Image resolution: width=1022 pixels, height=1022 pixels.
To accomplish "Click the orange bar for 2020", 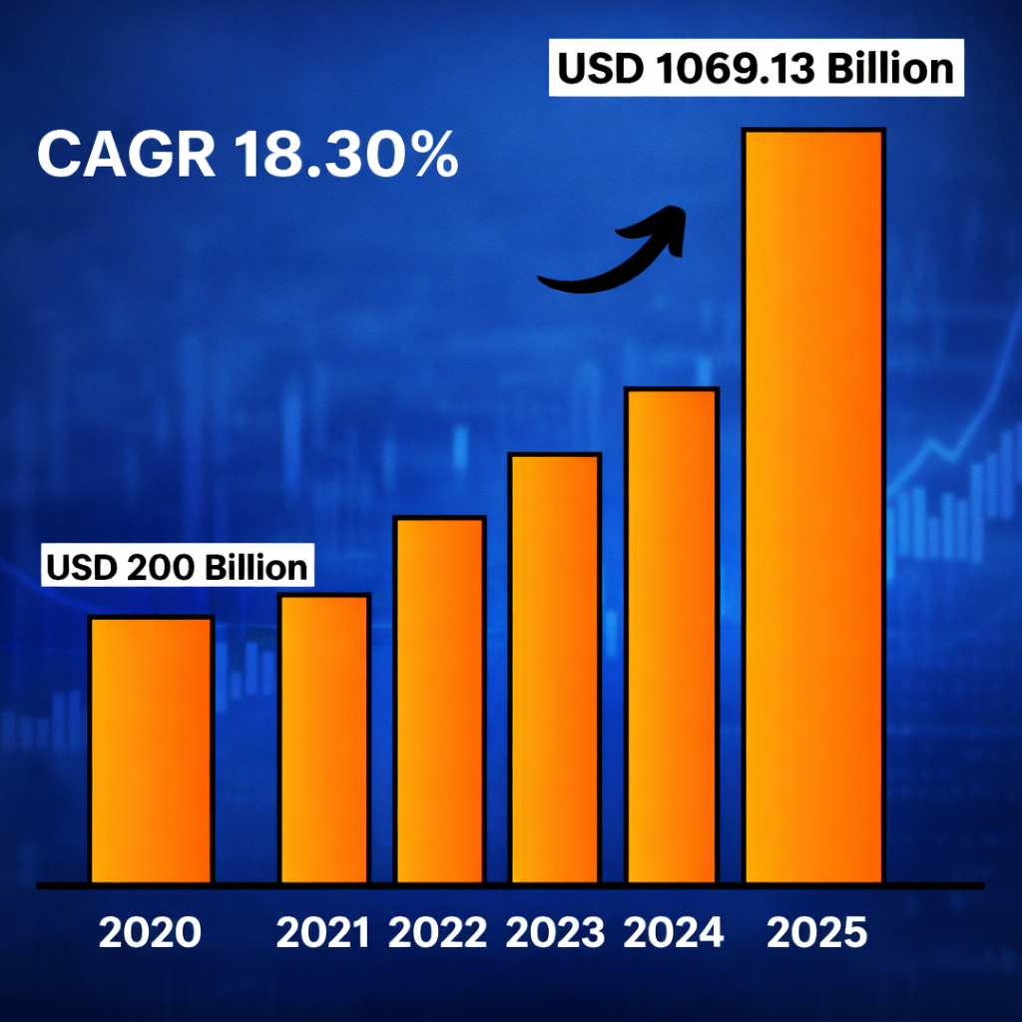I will (x=151, y=750).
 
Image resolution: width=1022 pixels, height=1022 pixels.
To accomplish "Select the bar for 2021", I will (x=324, y=739).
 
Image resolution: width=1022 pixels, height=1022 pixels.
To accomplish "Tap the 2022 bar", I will (x=439, y=700).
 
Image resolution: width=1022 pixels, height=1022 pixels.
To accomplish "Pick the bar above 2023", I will (x=554, y=668).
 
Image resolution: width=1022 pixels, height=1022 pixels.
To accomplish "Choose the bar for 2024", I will (x=671, y=636).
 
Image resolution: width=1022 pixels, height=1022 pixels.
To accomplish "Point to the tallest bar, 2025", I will (x=814, y=506).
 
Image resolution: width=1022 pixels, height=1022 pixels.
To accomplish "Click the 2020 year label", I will (x=150, y=932).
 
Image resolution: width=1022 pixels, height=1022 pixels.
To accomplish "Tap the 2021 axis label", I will (x=322, y=932).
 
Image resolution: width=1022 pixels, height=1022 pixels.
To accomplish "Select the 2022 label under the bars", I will (x=437, y=932).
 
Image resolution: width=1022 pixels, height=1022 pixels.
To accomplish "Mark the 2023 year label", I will (x=555, y=932).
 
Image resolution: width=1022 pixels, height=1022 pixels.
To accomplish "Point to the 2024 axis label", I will (x=673, y=932).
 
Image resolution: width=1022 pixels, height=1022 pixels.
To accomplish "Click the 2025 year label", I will (x=817, y=932).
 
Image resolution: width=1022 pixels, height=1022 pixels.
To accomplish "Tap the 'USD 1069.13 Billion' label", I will (x=756, y=69).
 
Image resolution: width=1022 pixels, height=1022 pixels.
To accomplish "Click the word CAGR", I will (x=125, y=155).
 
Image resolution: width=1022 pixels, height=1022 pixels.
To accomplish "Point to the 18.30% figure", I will (x=345, y=155).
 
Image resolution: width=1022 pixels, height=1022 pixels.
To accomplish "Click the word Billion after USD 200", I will (x=256, y=566).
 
